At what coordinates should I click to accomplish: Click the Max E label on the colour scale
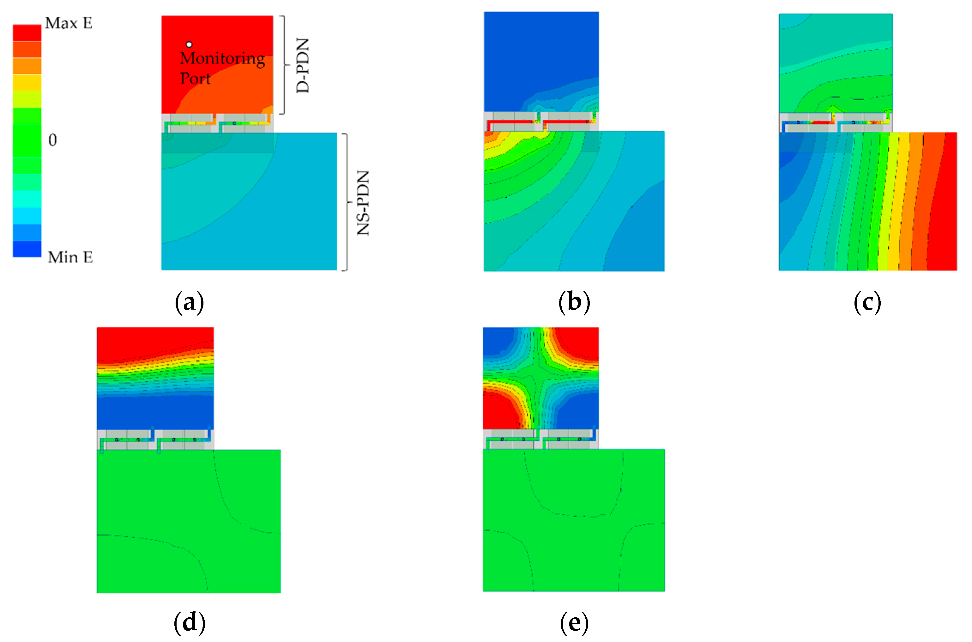click(69, 23)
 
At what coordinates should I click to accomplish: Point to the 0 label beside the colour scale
click(53, 140)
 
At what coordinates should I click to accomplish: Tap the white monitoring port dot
click(189, 44)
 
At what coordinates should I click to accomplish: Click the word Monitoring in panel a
click(222, 59)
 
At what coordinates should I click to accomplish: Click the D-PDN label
click(303, 65)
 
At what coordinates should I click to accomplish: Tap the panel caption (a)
click(189, 303)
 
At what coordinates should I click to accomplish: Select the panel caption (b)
click(574, 303)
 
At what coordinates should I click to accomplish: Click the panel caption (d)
click(189, 622)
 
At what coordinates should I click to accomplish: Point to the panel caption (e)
click(574, 622)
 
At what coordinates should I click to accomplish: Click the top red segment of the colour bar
click(27, 33)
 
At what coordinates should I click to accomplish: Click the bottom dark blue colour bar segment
click(27, 249)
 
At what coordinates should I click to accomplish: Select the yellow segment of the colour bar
click(27, 82)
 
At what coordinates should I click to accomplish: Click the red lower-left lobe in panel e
click(499, 411)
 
